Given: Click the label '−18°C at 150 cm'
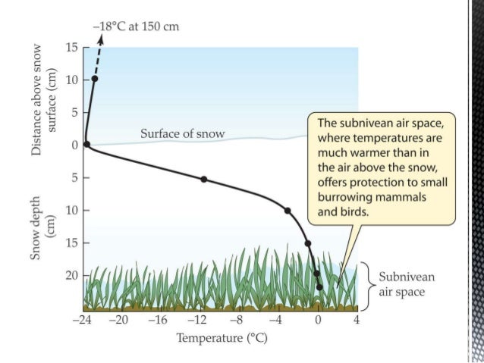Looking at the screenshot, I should (137, 28).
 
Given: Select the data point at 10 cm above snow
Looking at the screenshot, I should (95, 79).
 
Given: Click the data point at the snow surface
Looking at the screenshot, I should (86, 144).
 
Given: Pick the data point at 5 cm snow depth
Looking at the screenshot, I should (203, 179).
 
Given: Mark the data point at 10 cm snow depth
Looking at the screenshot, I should (288, 210).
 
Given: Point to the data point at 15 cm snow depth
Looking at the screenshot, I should (307, 243).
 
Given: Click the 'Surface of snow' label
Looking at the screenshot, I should (182, 134).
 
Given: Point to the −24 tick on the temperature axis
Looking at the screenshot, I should (80, 320).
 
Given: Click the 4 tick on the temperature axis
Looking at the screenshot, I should (357, 320).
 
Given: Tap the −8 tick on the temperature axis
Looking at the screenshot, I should (237, 320).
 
